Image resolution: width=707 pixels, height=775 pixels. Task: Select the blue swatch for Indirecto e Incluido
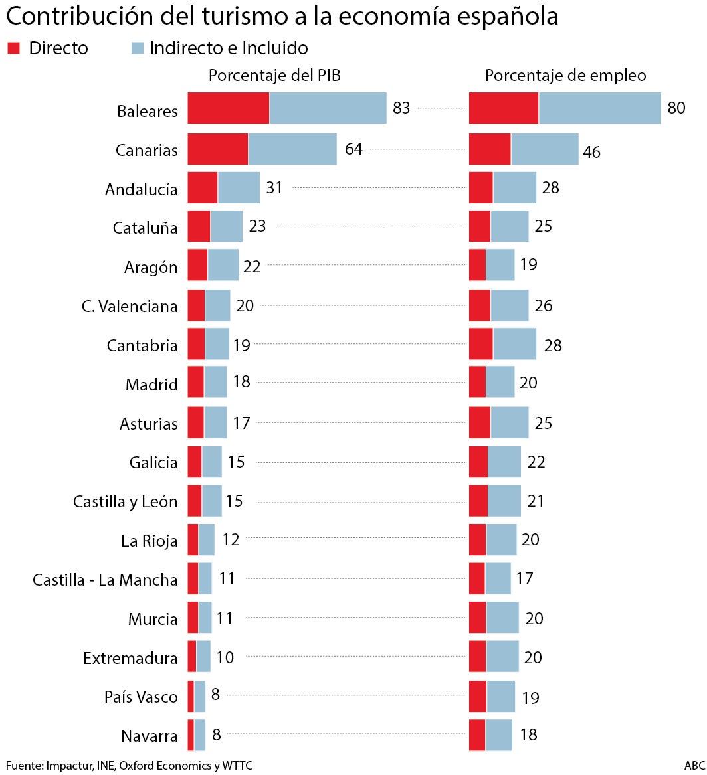(138, 48)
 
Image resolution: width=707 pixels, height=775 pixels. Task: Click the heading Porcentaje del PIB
(274, 76)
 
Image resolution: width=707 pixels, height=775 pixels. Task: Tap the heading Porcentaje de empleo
(565, 76)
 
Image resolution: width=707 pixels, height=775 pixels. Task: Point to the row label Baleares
(148, 110)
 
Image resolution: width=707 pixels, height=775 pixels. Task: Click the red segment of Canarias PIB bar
(217, 149)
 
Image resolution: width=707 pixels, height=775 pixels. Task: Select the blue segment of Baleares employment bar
(599, 108)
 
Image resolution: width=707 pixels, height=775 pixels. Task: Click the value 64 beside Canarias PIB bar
(353, 149)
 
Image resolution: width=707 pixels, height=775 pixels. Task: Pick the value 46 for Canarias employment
(591, 152)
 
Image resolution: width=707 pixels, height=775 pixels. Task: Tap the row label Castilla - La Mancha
(105, 580)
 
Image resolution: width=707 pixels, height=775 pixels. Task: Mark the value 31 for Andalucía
(274, 188)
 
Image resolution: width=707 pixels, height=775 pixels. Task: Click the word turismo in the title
(241, 17)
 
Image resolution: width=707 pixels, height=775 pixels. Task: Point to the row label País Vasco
(141, 697)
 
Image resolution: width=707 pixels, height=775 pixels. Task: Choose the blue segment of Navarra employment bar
(498, 735)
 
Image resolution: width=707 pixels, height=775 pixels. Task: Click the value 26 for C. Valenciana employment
(544, 306)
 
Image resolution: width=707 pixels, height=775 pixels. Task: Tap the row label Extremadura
(130, 658)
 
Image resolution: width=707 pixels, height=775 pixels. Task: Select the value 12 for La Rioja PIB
(231, 539)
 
